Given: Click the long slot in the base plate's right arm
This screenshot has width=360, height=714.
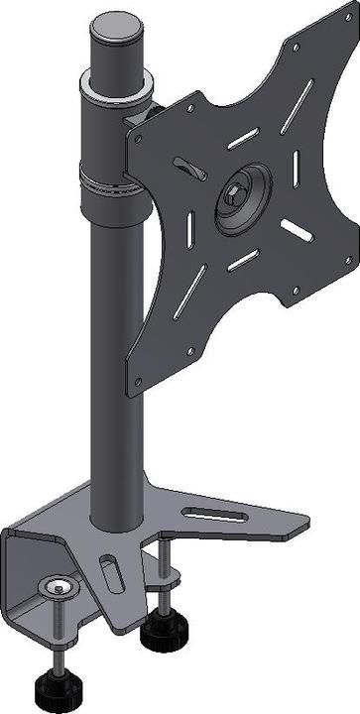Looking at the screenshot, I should (x=215, y=514).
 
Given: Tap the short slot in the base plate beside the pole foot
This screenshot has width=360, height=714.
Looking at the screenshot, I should (x=109, y=573).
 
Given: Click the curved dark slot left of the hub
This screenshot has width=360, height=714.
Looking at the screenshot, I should (x=183, y=164).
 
